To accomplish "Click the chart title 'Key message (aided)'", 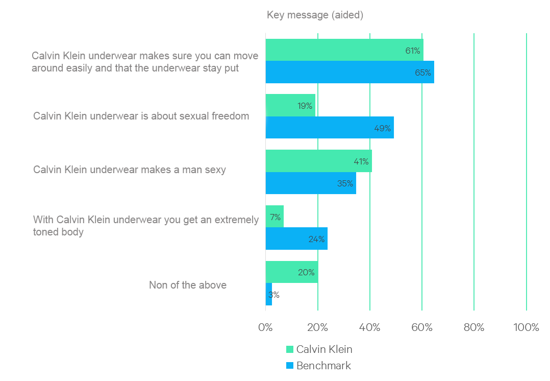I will coord(315,15).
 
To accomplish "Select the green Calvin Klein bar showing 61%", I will coord(344,50).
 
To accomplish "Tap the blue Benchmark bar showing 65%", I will coord(349,72).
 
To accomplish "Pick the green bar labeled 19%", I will coord(290,105).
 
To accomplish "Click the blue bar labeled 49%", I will coord(330,128).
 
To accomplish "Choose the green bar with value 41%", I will coord(318,161).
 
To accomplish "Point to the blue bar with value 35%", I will coord(311,183).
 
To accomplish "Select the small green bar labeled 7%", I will coord(274,217).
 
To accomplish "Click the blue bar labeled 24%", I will coord(296,239).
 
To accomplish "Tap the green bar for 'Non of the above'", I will coord(291,272).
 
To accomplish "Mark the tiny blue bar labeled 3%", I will coord(269,295).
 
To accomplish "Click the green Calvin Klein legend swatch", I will coord(290,350).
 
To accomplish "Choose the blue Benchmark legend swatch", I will coord(290,366).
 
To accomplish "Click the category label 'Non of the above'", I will coord(188,285).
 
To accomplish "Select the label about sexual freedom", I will coord(141,116).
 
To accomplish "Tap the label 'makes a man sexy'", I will coord(130,170).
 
